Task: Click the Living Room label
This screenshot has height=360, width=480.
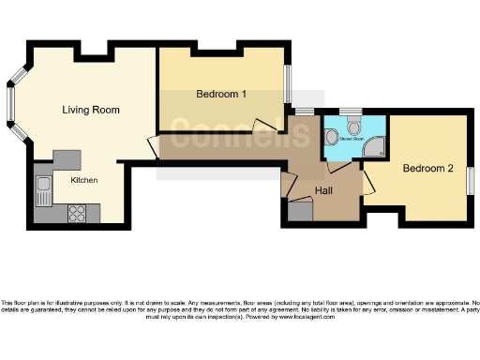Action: [x=91, y=110]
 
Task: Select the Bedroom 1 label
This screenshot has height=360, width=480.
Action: [x=221, y=94]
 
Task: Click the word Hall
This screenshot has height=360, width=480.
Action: [x=323, y=190]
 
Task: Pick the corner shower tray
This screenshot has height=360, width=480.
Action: [x=375, y=143]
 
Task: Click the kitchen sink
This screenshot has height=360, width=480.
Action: [x=42, y=194]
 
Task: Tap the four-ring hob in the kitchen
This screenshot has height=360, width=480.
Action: [x=77, y=214]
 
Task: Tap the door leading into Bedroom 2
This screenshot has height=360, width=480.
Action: [x=368, y=182]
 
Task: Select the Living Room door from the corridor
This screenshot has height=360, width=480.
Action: [x=151, y=146]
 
